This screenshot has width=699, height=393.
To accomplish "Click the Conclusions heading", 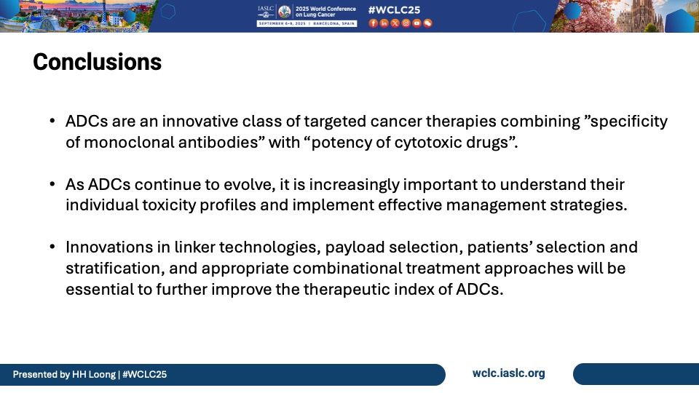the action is tap(97, 62).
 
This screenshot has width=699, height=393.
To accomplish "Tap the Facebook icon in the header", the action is tap(373, 23).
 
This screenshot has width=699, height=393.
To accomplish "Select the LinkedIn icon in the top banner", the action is tap(384, 23).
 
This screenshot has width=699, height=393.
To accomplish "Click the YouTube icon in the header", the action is tap(416, 23).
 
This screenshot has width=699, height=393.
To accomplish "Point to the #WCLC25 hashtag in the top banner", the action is tap(394, 10).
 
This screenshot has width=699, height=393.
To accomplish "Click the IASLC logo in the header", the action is tap(266, 12).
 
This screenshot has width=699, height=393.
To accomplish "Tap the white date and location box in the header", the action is tap(307, 23).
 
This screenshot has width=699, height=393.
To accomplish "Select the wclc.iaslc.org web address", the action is tap(509, 373).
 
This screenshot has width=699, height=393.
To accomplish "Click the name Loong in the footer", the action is tap(102, 375).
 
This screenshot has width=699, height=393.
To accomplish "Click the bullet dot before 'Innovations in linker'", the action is tap(52, 247).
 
